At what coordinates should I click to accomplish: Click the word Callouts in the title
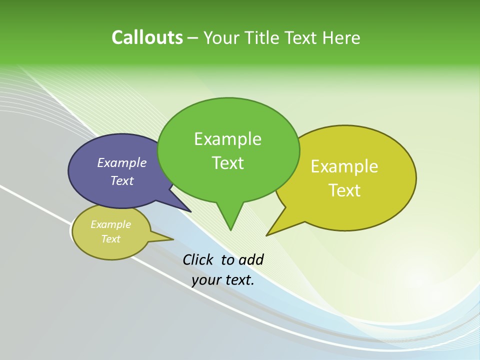point(147,37)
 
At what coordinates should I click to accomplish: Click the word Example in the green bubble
point(227,139)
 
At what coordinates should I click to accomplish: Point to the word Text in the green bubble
point(227,163)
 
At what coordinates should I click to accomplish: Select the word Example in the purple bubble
point(121,162)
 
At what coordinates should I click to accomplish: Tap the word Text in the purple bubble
point(121,181)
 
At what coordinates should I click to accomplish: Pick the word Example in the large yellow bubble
point(344,166)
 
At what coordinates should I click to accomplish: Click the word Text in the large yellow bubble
point(344,190)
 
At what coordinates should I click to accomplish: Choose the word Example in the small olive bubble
point(110,224)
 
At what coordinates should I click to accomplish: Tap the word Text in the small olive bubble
point(110,239)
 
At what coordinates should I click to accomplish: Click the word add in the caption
point(250,259)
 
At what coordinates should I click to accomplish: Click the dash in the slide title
point(193,38)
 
